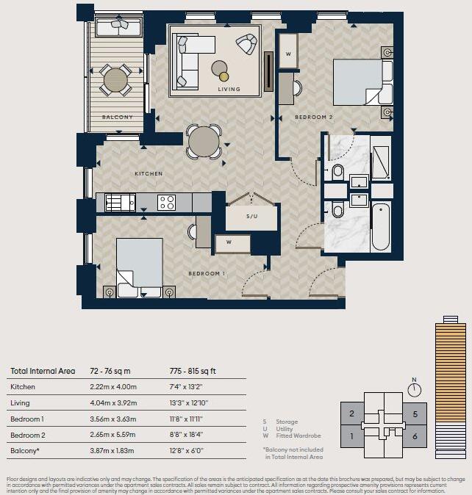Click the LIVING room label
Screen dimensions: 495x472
click(x=229, y=89)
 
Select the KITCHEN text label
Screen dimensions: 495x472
click(x=148, y=174)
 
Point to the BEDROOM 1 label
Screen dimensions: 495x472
click(x=207, y=273)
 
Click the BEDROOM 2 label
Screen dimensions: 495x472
click(x=314, y=117)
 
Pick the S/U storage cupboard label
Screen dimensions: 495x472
click(x=252, y=217)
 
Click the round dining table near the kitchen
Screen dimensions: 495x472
click(x=204, y=140)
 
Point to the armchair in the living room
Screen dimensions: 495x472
click(x=247, y=44)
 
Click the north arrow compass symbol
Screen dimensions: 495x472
click(x=415, y=389)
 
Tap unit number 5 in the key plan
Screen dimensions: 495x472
click(x=415, y=414)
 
